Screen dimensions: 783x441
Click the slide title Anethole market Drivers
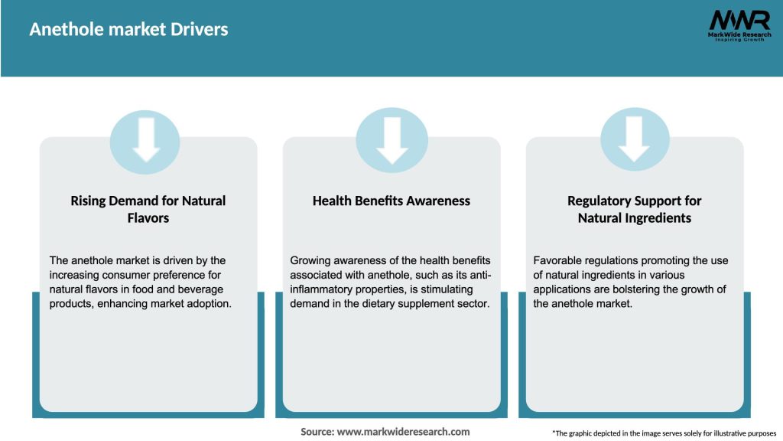pyautogui.click(x=128, y=29)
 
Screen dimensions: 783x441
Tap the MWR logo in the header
pyautogui.click(x=739, y=25)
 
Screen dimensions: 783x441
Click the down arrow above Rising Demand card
pyautogui.click(x=146, y=139)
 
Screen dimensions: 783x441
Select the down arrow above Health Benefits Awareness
pyautogui.click(x=392, y=140)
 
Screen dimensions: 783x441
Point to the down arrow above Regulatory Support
pyautogui.click(x=634, y=139)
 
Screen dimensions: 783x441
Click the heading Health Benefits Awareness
pyautogui.click(x=391, y=201)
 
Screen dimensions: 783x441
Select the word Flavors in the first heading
pyautogui.click(x=148, y=218)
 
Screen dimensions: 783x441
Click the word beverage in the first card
pyautogui.click(x=200, y=289)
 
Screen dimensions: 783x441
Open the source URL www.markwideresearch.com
pyautogui.click(x=404, y=432)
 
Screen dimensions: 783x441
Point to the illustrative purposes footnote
pyautogui.click(x=664, y=433)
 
